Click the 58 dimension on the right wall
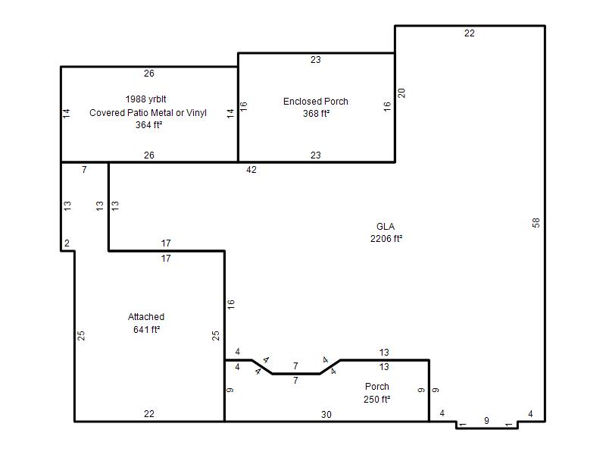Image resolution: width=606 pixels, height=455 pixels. pyautogui.click(x=536, y=223)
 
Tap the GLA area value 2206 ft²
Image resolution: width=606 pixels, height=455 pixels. pyautogui.click(x=386, y=239)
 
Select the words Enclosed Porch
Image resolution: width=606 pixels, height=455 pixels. pyautogui.click(x=316, y=102)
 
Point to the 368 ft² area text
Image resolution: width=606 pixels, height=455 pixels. pyautogui.click(x=316, y=113)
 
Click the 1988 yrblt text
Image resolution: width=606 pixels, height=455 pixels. pyautogui.click(x=145, y=99)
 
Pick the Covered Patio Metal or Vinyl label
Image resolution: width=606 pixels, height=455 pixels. pyautogui.click(x=148, y=112)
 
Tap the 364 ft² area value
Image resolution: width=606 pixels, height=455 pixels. pyautogui.click(x=148, y=125)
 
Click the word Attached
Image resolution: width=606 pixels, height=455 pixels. pyautogui.click(x=146, y=317)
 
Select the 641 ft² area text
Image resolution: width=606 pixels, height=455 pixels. pyautogui.click(x=146, y=329)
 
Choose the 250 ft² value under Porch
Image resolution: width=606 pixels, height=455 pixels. pyautogui.click(x=376, y=399)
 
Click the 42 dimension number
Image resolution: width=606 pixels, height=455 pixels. pyautogui.click(x=251, y=169)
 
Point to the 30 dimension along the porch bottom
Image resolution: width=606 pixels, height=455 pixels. pyautogui.click(x=326, y=414)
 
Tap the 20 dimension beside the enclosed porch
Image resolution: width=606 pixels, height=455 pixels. pyautogui.click(x=401, y=93)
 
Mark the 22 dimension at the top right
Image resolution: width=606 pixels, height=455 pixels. pyautogui.click(x=469, y=33)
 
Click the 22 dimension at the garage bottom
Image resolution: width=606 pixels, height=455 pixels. pyautogui.click(x=148, y=413)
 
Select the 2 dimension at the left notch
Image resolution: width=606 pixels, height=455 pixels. pyautogui.click(x=67, y=243)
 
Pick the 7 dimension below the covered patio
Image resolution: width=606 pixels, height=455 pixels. pyautogui.click(x=84, y=169)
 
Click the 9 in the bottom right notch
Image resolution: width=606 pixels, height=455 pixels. pyautogui.click(x=486, y=420)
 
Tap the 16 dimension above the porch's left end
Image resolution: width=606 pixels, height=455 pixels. pyautogui.click(x=231, y=304)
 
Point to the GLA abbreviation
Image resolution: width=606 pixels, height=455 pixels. pyautogui.click(x=386, y=226)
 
